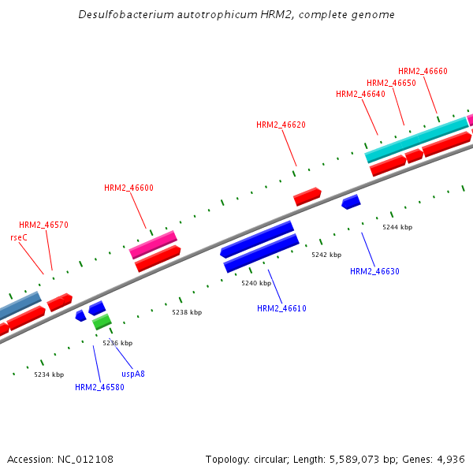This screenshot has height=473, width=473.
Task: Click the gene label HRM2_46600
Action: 128,188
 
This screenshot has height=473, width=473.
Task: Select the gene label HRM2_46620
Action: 281,125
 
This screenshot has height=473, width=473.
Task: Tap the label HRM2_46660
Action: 423,71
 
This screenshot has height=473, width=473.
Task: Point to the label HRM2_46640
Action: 360,95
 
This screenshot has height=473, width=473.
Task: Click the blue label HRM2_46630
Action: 374,271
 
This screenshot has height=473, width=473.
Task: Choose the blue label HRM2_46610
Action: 281,308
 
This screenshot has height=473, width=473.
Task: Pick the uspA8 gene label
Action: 132,374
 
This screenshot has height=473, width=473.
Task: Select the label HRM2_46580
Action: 99,387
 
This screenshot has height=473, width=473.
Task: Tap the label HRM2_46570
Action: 43,225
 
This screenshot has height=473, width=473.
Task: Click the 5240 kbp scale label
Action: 256,283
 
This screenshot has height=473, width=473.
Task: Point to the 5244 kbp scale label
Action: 397,227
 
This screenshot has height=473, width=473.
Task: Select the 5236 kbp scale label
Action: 117,343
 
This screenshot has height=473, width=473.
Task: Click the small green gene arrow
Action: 102,322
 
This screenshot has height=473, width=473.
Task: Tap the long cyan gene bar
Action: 417,139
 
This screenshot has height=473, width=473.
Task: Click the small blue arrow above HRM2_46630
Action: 351,202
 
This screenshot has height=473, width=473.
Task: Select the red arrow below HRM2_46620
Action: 307,196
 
